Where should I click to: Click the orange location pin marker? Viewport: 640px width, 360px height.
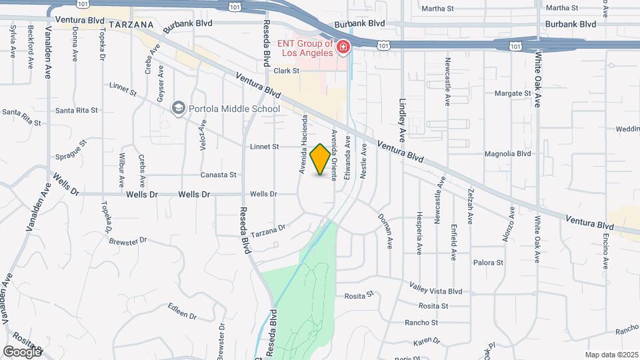321,159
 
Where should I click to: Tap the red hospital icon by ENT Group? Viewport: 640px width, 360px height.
343,47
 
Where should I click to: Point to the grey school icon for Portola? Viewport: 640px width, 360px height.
178,107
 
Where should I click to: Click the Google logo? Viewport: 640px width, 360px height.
22,351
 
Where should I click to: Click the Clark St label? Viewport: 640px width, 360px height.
285,71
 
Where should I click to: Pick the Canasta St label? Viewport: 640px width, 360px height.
219,175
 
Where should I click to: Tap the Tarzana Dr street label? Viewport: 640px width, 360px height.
269,228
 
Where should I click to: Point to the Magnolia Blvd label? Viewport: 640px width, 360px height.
507,153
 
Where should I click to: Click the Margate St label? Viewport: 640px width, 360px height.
513,93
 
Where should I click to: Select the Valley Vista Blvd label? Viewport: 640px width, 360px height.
436,291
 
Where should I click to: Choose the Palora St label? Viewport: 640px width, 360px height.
488,263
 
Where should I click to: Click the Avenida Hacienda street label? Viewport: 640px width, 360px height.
303,145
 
